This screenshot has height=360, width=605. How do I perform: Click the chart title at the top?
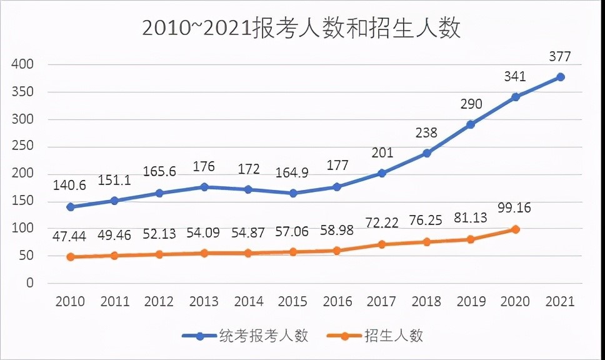(301, 29)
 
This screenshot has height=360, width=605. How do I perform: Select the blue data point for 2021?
(561, 77)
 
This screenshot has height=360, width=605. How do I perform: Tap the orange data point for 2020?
(516, 229)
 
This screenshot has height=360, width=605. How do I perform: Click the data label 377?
(560, 57)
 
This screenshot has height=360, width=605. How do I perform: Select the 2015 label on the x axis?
(293, 302)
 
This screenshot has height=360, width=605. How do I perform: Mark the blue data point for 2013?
(204, 187)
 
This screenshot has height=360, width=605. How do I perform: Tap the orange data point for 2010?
(70, 257)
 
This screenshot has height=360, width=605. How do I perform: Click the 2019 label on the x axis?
(471, 302)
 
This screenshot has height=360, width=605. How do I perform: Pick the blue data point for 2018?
(426, 153)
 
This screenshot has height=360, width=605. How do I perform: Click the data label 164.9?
(292, 173)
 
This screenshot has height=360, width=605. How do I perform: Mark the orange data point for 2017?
(382, 244)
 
